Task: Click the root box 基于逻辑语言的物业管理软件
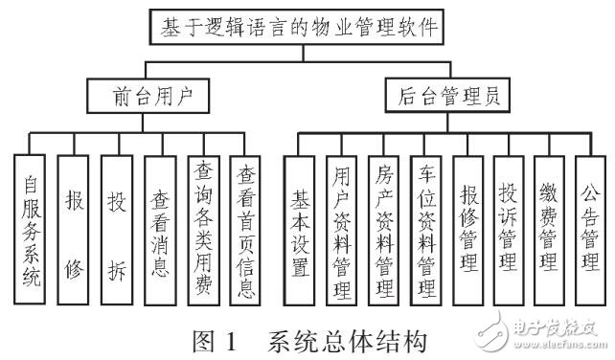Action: (298, 28)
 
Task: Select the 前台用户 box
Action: (147, 96)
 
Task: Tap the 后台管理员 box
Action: (453, 96)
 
